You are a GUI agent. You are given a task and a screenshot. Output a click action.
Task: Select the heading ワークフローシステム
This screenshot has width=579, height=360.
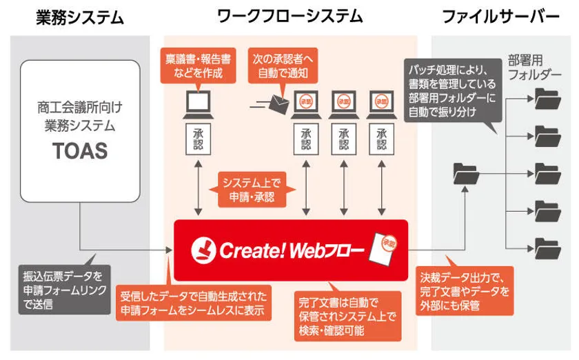[289, 17]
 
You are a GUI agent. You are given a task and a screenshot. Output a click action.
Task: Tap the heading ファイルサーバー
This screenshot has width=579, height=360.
[501, 17]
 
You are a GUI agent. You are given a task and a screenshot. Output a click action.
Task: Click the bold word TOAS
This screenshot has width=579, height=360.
[81, 151]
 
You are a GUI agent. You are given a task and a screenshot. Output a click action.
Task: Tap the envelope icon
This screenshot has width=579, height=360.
[279, 104]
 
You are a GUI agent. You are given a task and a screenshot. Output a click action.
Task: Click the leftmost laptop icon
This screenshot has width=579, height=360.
[197, 103]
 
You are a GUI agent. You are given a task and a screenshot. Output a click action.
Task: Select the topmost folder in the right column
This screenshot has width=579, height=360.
[547, 99]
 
